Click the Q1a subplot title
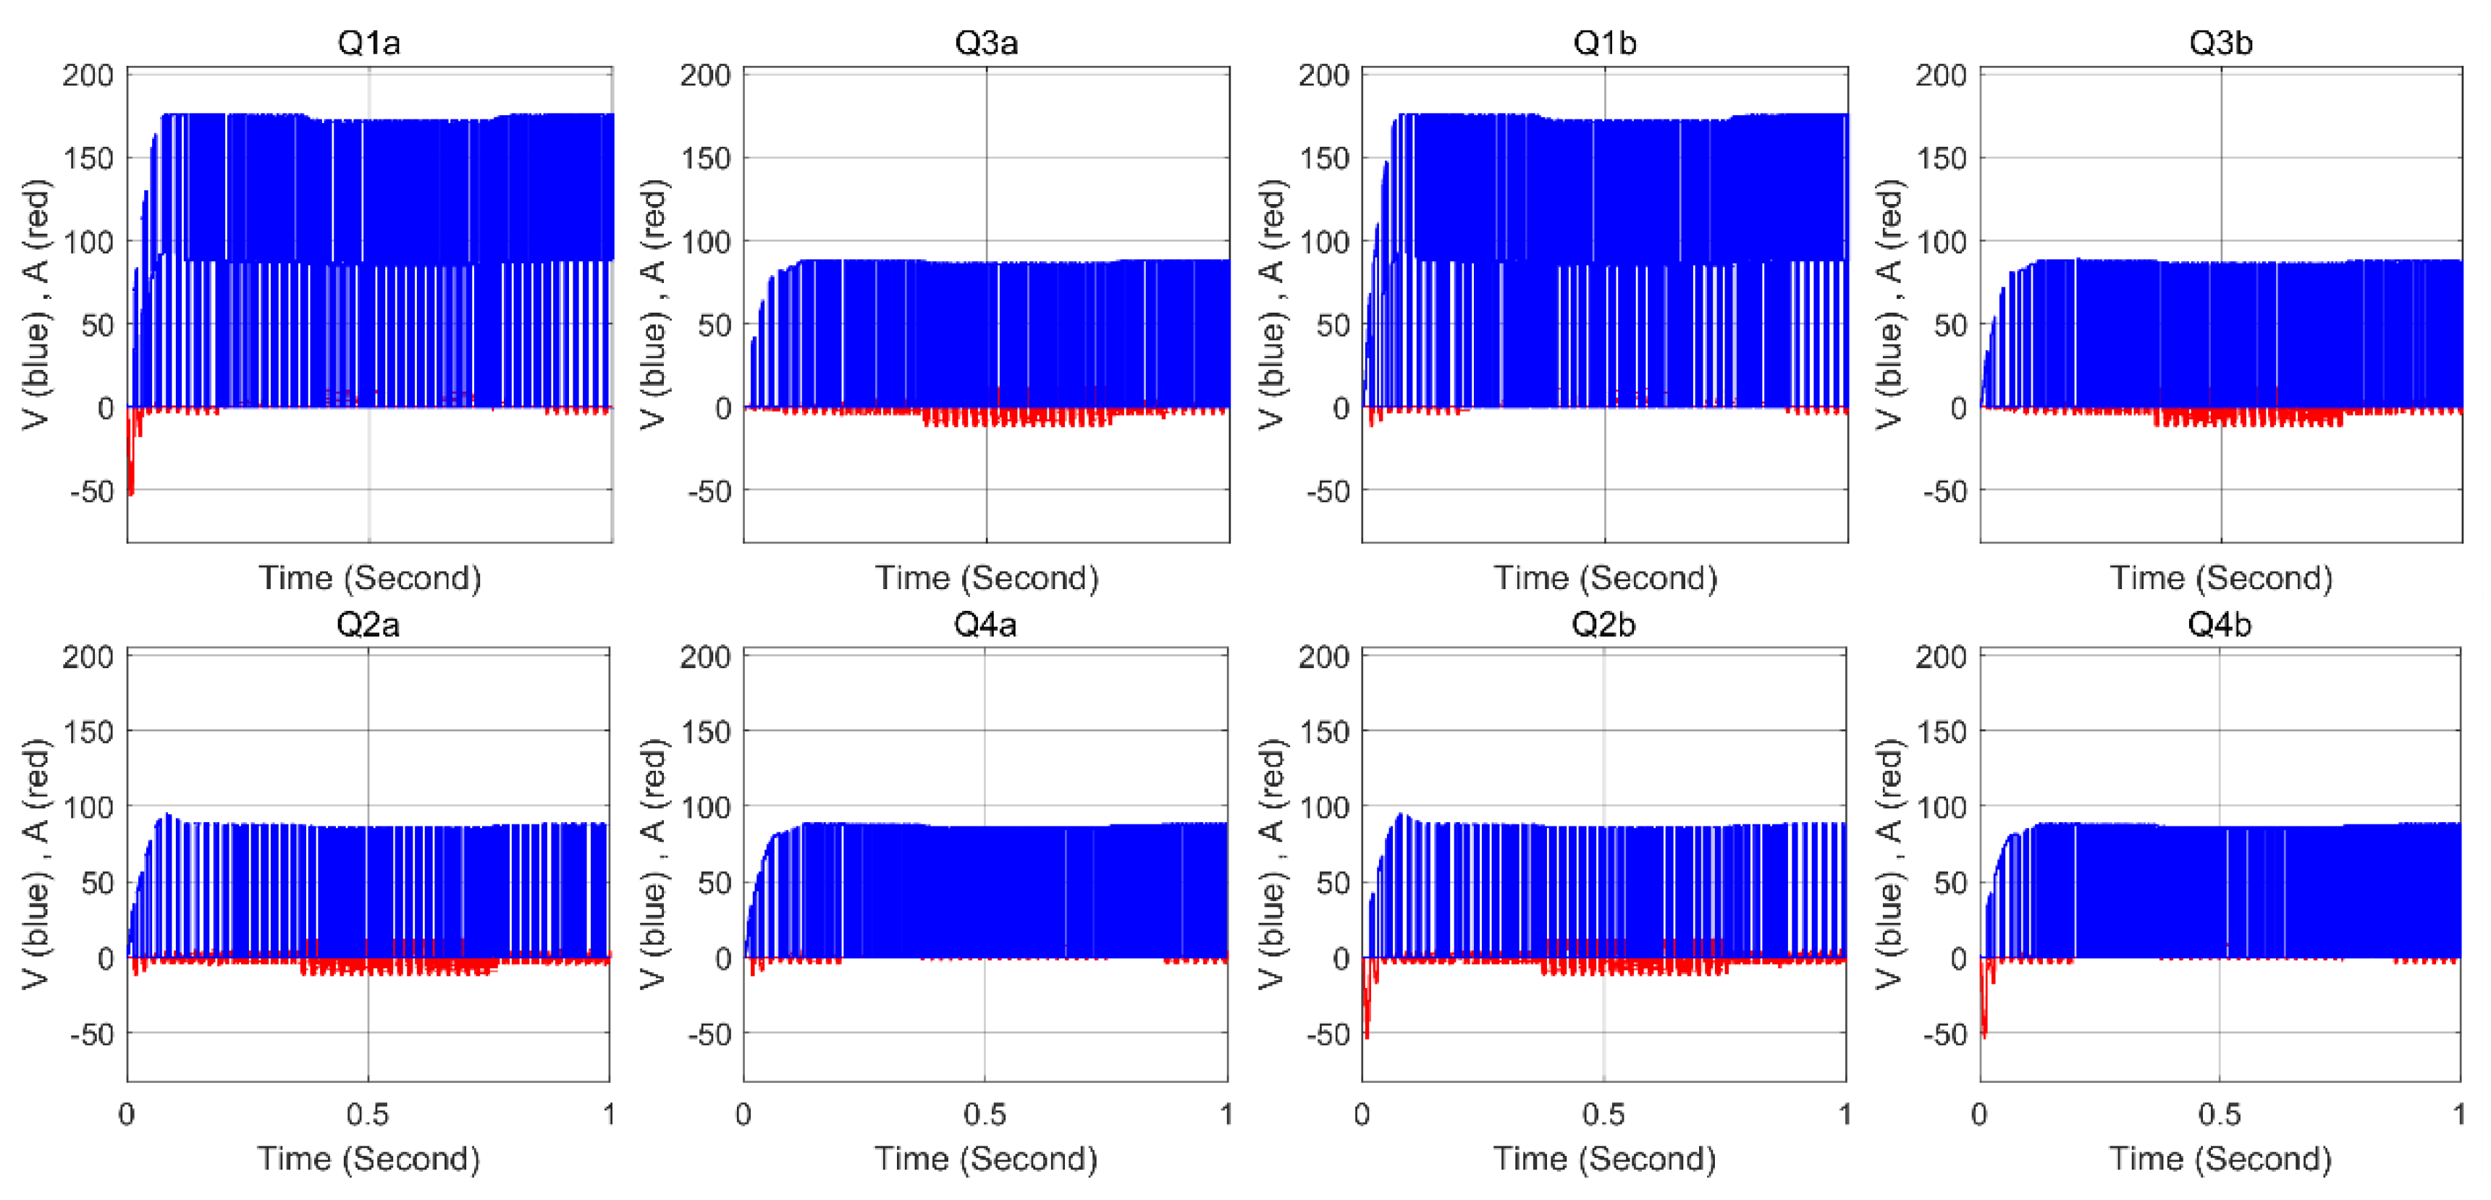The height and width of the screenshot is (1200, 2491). coord(368,43)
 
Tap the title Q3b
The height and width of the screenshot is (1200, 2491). coord(2220,43)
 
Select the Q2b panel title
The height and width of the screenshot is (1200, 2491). coord(1603,625)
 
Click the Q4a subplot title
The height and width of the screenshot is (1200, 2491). coord(985,625)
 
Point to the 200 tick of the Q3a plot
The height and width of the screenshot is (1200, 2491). coord(706,75)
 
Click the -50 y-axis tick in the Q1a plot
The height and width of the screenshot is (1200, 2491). coord(92,491)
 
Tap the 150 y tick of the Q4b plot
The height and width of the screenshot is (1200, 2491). coord(1941,732)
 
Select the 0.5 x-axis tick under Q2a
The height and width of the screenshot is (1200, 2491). coord(368,1114)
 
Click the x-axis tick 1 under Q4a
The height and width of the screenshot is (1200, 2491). coord(1225,1114)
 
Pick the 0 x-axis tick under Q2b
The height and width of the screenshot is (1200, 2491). coord(1362,1114)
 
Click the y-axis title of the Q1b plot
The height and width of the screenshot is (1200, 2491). coord(1272,304)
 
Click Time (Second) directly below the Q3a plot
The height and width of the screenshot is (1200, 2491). coord(987,578)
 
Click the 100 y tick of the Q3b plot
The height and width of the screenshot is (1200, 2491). coord(1941,242)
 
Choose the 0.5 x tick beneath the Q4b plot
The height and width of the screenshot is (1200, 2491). coord(2220,1114)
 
